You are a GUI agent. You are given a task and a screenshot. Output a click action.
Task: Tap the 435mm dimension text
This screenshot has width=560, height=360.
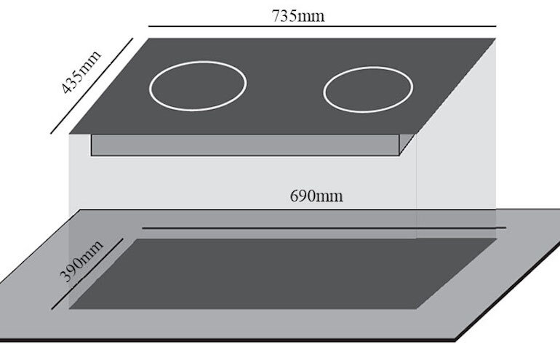click(79, 73)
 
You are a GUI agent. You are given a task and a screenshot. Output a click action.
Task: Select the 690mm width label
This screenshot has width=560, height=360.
click(316, 196)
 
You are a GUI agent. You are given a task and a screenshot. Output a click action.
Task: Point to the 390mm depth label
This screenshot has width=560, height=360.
click(79, 258)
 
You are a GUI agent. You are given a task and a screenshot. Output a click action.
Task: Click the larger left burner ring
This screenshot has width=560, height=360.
click(198, 85)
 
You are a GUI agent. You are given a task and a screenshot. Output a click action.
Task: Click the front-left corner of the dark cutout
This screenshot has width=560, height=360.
click(71, 308)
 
